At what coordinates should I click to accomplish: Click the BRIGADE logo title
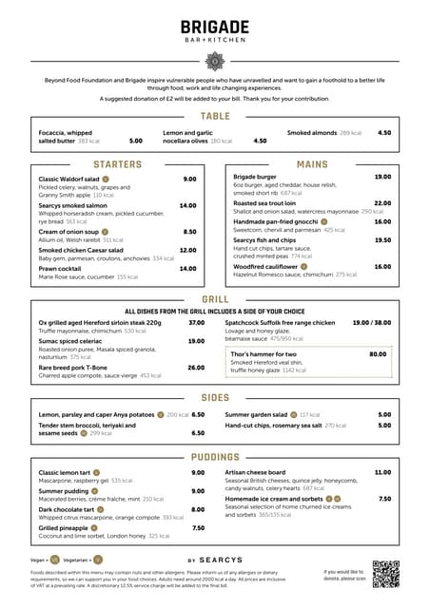215,28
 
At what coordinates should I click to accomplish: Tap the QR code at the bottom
385,573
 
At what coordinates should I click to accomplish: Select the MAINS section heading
313,164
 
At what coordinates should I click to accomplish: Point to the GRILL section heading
215,299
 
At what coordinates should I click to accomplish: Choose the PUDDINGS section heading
215,457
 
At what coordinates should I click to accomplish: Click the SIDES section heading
215,398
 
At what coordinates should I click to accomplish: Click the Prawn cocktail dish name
61,269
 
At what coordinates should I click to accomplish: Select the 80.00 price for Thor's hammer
378,354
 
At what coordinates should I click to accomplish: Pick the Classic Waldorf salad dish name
68,179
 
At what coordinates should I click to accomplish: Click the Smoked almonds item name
312,133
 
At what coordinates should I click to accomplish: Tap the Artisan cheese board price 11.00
382,472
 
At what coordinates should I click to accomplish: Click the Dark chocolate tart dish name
72,509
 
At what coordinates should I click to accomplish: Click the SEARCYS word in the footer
225,560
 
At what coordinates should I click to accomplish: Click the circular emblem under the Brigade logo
215,61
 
